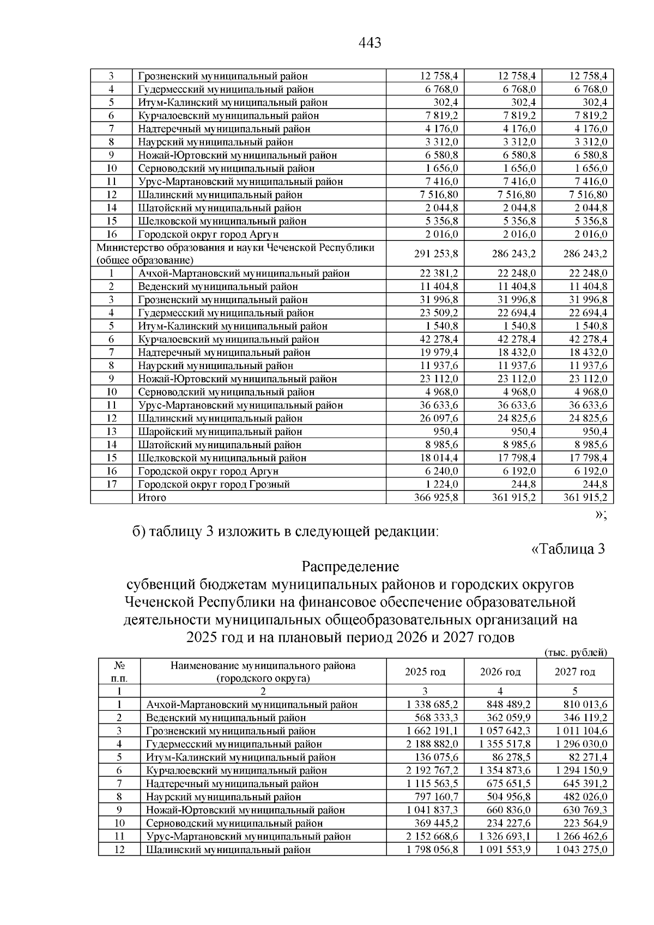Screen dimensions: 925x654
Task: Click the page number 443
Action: point(370,43)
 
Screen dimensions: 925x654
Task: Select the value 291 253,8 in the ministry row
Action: point(431,254)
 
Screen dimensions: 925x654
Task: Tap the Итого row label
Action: point(152,497)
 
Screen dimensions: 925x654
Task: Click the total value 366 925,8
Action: point(431,497)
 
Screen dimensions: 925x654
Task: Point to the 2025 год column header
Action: point(425,672)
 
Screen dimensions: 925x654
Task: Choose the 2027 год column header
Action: point(575,672)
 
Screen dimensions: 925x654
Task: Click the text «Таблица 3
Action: point(568,548)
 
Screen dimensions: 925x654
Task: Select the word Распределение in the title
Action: point(350,566)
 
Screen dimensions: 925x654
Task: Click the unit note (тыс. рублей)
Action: point(576,652)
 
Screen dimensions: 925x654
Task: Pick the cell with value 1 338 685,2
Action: point(432,704)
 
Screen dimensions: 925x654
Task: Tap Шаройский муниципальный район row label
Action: point(220,431)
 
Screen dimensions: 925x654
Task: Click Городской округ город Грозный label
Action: point(214,484)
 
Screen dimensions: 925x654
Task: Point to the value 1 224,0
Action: point(442,484)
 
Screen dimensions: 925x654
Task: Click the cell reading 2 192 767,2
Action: point(432,770)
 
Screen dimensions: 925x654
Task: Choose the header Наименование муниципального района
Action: point(263,666)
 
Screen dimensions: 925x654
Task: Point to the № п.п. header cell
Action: point(119,672)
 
